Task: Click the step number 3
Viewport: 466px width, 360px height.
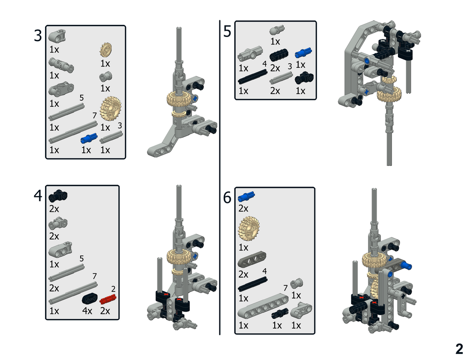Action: tap(38, 36)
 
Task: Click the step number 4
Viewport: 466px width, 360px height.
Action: tap(38, 195)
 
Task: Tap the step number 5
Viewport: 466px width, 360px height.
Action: tap(227, 32)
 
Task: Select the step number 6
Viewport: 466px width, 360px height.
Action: tap(227, 198)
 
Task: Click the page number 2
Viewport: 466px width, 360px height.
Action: tap(458, 349)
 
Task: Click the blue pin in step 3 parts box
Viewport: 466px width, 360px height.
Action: tap(88, 137)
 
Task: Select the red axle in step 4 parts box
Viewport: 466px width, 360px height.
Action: tap(107, 299)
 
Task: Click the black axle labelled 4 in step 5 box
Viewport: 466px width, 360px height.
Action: tap(253, 75)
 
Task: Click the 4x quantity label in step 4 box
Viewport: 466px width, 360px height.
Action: tap(88, 311)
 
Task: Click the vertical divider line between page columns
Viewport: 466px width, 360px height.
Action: tap(220, 178)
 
